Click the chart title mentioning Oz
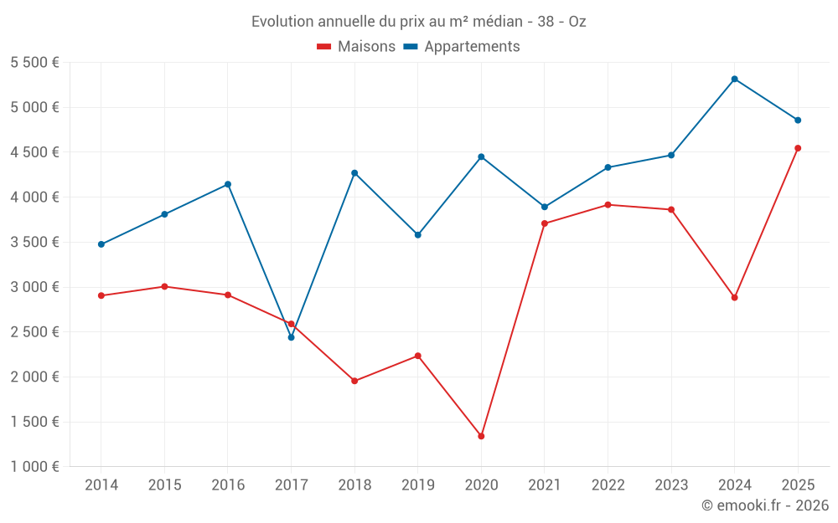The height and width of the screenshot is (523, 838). (418, 22)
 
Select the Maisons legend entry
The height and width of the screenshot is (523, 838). (356, 47)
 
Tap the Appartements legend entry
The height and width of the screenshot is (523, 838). (462, 47)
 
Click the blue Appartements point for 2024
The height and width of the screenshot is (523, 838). (734, 79)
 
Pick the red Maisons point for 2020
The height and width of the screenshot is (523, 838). (481, 436)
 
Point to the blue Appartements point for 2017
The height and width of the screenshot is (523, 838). (291, 337)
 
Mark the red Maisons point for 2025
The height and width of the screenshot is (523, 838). (798, 148)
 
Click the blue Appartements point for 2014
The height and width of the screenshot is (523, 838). (101, 244)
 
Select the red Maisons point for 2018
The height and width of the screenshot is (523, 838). (354, 381)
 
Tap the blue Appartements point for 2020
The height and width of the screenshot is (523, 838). (481, 156)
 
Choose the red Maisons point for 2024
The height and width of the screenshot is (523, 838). (734, 297)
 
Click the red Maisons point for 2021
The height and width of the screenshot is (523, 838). (545, 223)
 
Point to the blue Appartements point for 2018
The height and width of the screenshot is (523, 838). (354, 173)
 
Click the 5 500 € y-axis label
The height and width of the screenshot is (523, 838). (34, 63)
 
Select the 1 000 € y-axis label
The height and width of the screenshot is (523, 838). (34, 467)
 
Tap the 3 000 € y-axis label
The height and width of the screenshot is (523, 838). (34, 287)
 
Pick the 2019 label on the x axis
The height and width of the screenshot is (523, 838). (417, 485)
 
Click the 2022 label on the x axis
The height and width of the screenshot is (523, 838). (608, 485)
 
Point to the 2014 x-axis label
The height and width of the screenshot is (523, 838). (101, 485)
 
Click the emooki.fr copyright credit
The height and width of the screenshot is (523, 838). (764, 505)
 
